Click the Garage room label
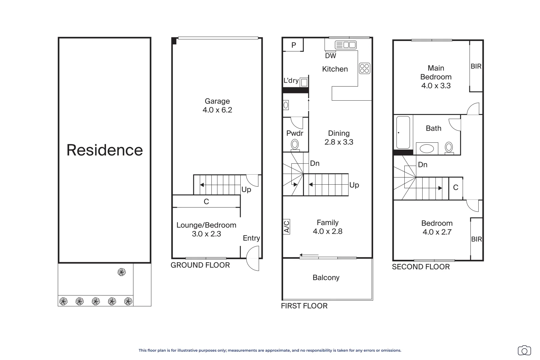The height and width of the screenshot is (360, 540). tap(217, 101)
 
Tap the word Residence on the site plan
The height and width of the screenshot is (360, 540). tap(105, 150)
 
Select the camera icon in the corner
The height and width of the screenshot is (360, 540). tap(524, 350)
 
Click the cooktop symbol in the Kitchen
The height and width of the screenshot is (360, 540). tap(365, 68)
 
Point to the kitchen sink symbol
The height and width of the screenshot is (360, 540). tap(346, 45)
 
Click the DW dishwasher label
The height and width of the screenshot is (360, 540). tap(331, 56)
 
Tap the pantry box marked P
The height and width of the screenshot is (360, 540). tap(293, 45)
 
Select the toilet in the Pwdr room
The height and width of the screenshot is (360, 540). tap(295, 145)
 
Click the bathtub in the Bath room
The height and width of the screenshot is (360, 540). tap(403, 132)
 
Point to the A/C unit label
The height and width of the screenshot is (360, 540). tap(286, 227)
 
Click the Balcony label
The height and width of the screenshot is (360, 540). tap(326, 278)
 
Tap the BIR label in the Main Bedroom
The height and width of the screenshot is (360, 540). tap(476, 66)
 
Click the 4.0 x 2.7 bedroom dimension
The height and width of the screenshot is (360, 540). tap(437, 232)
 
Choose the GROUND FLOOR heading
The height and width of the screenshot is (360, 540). tap(200, 265)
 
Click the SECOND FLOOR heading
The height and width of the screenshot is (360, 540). tap(421, 267)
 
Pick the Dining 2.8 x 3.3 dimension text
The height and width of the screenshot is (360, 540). tap(339, 142)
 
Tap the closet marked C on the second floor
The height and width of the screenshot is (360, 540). tap(456, 188)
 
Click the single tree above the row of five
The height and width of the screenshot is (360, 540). tap(122, 272)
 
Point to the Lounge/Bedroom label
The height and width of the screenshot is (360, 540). tap(206, 225)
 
